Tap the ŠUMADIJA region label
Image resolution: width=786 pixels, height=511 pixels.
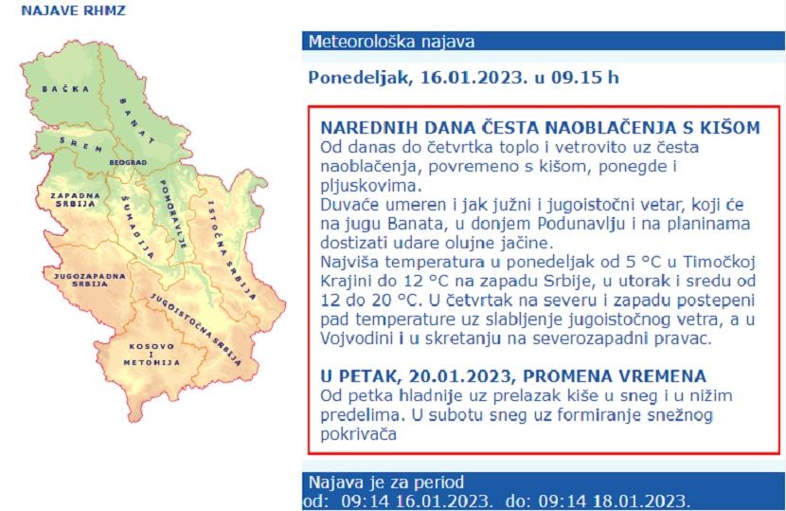[136, 228]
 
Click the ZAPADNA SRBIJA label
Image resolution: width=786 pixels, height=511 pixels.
[74, 200]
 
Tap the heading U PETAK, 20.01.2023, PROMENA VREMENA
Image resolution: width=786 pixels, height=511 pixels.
[513, 375]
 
